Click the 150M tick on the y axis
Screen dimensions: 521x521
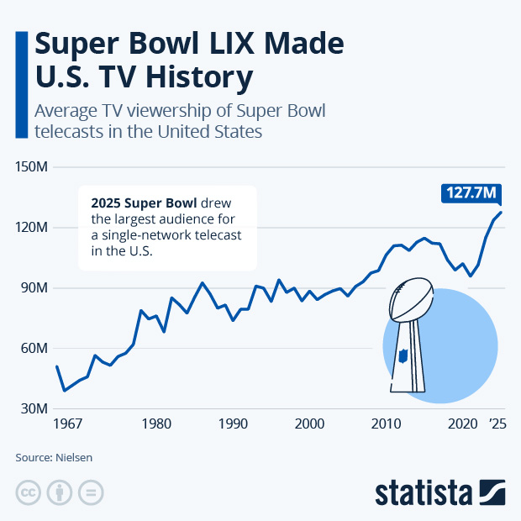coord(32,167)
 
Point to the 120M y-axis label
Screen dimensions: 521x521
coord(32,228)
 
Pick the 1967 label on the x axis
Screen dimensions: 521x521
coord(68,425)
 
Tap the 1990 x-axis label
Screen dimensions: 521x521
coord(233,425)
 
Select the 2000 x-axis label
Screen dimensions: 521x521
coord(309,425)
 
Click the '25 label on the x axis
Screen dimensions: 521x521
coord(499,425)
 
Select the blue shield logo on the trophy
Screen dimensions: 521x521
coord(403,355)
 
